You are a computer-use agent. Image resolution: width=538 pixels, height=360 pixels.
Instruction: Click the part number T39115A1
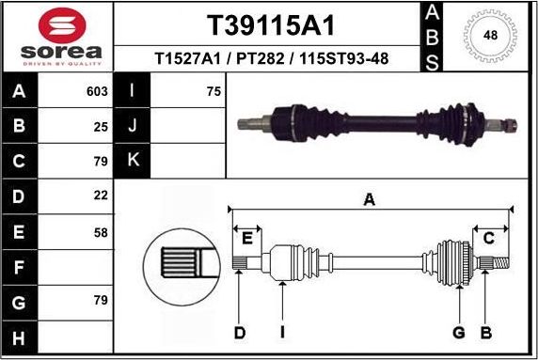click(270, 23)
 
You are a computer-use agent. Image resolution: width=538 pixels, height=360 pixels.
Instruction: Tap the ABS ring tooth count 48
click(489, 36)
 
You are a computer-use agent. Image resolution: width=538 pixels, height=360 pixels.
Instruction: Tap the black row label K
click(132, 160)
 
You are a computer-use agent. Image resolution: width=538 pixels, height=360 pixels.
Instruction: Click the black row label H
click(20, 337)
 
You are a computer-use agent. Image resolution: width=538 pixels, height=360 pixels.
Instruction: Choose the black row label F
click(20, 267)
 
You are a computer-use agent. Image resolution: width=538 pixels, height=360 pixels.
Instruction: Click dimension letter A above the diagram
click(370, 198)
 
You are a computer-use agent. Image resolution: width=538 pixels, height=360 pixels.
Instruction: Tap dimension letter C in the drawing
click(488, 238)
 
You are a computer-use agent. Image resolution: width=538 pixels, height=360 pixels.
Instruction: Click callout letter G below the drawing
click(459, 332)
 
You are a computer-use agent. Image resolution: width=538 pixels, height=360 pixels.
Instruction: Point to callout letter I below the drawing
click(282, 332)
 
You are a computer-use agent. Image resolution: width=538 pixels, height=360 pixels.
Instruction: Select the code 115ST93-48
click(343, 58)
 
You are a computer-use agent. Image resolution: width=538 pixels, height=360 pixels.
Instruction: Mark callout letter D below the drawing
click(239, 332)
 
